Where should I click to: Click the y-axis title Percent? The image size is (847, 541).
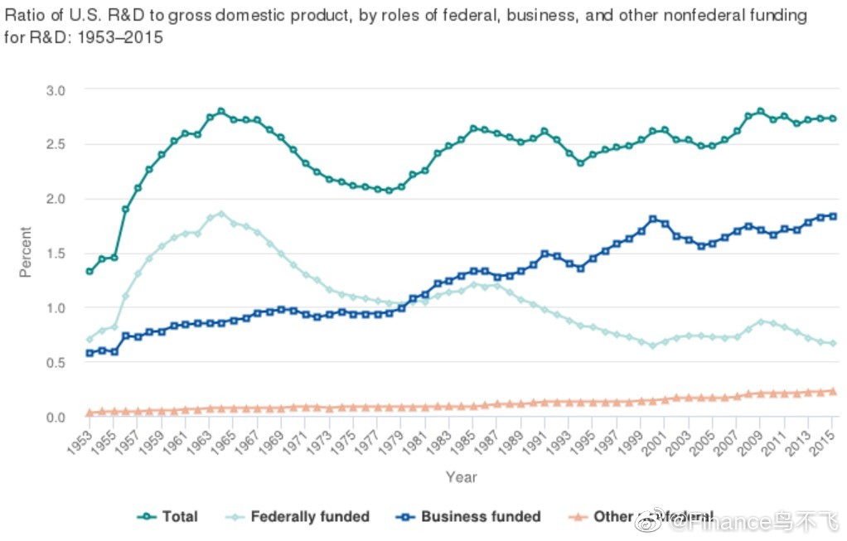click(26, 252)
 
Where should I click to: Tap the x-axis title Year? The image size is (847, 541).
click(461, 477)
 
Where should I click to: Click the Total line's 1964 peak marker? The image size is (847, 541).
click(220, 111)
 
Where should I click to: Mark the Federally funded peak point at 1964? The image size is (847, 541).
click(220, 214)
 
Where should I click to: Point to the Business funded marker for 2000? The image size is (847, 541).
click(653, 219)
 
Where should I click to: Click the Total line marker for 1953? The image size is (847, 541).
click(89, 272)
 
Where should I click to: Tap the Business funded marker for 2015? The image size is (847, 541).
click(833, 216)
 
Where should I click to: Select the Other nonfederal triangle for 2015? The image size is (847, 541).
click(833, 391)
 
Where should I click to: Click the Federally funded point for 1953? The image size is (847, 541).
click(89, 340)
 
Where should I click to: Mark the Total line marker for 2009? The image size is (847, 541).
click(760, 111)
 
